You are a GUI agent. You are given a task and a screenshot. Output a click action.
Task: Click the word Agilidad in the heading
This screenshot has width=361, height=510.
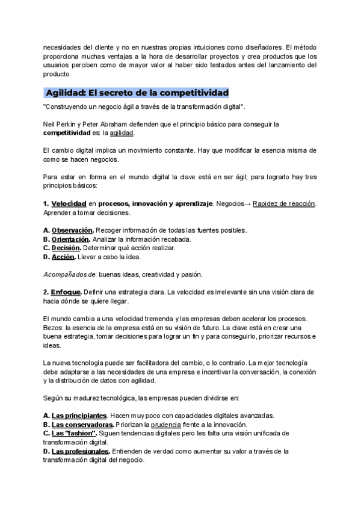pyautogui.click(x=65, y=93)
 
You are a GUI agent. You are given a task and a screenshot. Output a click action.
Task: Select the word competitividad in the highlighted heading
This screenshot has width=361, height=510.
pyautogui.click(x=191, y=93)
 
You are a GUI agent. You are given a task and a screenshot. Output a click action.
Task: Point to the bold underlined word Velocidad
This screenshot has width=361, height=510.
pyautogui.click(x=69, y=204)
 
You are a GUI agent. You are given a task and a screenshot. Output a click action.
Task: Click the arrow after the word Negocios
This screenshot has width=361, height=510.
pyautogui.click(x=247, y=204)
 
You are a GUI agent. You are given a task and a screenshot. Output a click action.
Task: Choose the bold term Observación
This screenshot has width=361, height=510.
pyautogui.click(x=72, y=230)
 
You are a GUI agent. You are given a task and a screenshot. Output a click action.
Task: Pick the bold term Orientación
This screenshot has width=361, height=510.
pyautogui.click(x=72, y=239)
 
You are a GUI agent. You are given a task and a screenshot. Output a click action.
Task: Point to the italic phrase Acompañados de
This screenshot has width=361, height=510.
pyautogui.click(x=66, y=274)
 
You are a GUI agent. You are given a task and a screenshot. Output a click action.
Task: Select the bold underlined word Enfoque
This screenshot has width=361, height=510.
pyautogui.click(x=66, y=292)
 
